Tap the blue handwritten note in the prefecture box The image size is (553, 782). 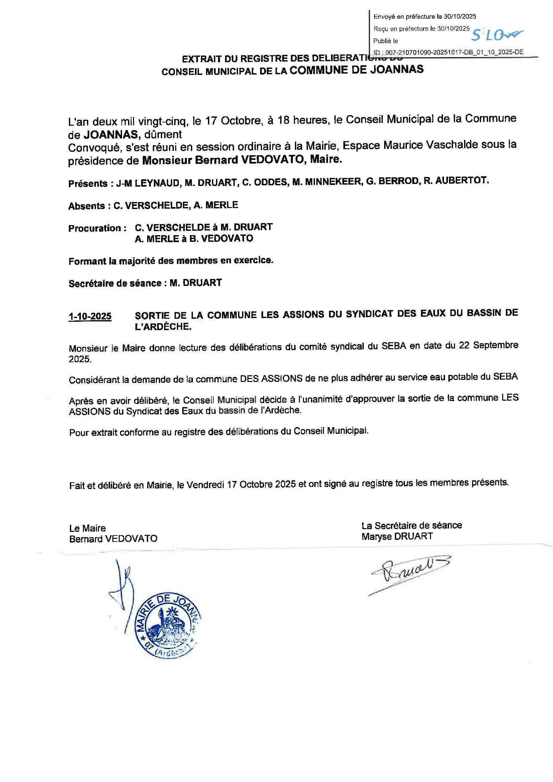(x=497, y=34)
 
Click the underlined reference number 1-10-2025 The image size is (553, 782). (x=90, y=316)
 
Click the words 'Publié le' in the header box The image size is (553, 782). (x=385, y=41)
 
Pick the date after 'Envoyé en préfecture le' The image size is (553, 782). (x=460, y=16)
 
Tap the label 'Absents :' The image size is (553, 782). (x=89, y=206)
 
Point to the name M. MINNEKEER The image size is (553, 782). (x=327, y=182)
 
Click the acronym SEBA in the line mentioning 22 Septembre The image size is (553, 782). (x=394, y=346)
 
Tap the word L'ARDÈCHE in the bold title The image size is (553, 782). (x=163, y=327)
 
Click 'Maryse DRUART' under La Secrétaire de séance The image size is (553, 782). (x=397, y=536)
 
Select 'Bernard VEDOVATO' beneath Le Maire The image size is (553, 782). (x=113, y=539)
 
